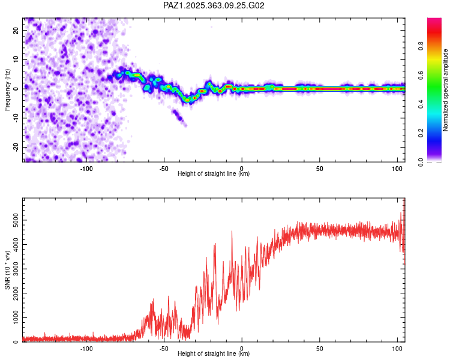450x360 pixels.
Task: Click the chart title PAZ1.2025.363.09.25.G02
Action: click(x=214, y=5)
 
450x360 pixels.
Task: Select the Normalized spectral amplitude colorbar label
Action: click(x=445, y=90)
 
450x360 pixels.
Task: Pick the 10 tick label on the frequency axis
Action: click(x=16, y=59)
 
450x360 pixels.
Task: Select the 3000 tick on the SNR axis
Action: click(x=16, y=269)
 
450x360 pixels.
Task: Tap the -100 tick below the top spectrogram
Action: click(x=86, y=169)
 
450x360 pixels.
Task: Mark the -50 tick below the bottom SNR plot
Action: click(x=164, y=349)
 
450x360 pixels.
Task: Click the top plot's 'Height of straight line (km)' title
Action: click(x=214, y=174)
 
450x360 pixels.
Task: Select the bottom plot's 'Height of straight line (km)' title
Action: click(x=214, y=354)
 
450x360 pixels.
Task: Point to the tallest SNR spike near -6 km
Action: click(x=232, y=232)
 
